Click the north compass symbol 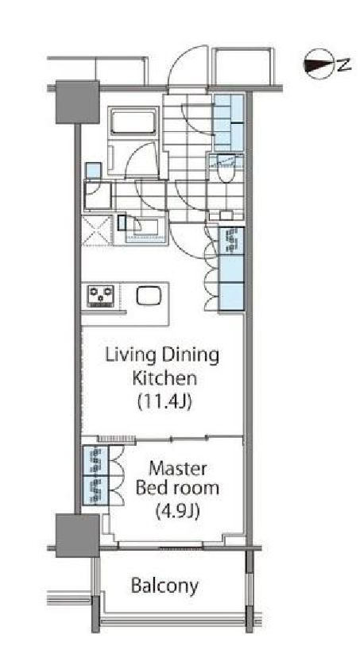click(x=327, y=64)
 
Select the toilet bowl click(x=226, y=170)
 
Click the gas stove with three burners click(x=101, y=296)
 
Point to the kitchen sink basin click(x=149, y=295)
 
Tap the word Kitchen click(x=165, y=378)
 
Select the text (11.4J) click(x=165, y=401)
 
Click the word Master click(x=177, y=469)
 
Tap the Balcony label click(x=165, y=587)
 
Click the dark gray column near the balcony click(x=78, y=535)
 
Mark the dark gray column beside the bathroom click(x=78, y=102)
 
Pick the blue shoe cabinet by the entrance click(x=229, y=122)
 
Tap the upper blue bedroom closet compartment click(x=95, y=460)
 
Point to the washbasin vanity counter click(x=145, y=230)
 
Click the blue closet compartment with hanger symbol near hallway click(x=231, y=242)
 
